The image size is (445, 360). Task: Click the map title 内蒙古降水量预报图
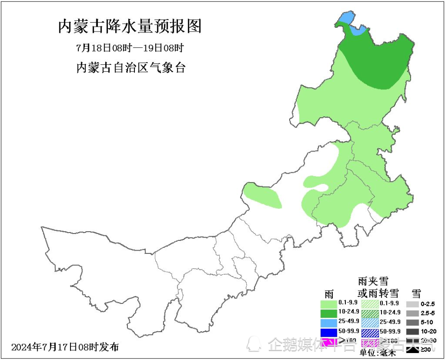pyautogui.click(x=130, y=26)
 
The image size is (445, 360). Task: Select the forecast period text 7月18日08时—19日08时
pyautogui.click(x=130, y=48)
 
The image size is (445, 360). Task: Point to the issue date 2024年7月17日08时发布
pyautogui.click(x=65, y=347)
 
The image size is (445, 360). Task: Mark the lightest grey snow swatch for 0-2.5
pyautogui.click(x=412, y=304)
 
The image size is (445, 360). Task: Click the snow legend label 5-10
pyautogui.click(x=426, y=322)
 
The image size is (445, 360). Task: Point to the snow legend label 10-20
pyautogui.click(x=427, y=332)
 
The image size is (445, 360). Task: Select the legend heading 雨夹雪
pyautogui.click(x=373, y=281)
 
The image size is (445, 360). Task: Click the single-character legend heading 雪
pyautogui.click(x=416, y=293)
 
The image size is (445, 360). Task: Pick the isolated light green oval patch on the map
pyautogui.click(x=262, y=196)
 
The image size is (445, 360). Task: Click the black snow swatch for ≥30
pyautogui.click(x=412, y=349)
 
